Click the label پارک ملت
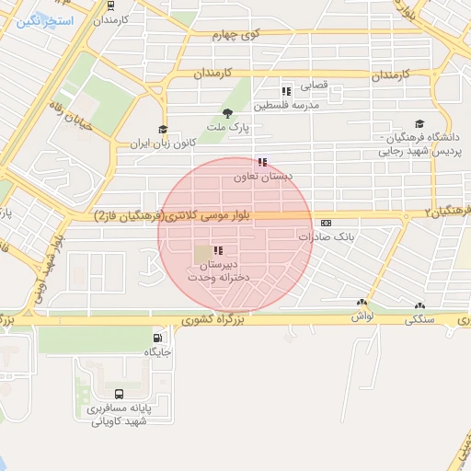tap(218, 128)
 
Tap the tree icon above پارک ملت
tap(227, 113)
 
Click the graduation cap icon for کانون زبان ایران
tap(163, 130)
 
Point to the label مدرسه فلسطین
tap(292, 106)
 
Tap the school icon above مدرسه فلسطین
tap(286, 91)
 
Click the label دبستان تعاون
tap(270, 177)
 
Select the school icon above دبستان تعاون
tap(263, 162)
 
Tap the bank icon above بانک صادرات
tap(326, 223)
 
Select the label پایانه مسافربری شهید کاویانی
tap(118, 416)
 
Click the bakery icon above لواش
tap(362, 303)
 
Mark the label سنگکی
tap(419, 319)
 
